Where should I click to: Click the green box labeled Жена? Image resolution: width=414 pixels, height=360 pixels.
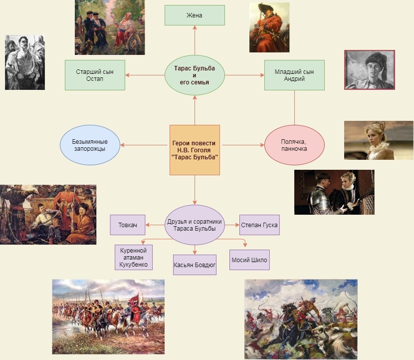tap(195, 15)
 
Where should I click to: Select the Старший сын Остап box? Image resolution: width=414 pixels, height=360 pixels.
tap(95, 75)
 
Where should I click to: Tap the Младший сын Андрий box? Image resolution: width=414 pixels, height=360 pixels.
tap(294, 75)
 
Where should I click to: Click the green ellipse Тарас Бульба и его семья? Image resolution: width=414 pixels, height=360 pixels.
tap(195, 75)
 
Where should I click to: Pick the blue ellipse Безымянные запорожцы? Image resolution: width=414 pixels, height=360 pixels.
tap(90, 145)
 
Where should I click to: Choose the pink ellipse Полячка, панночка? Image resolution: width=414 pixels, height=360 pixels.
tap(294, 145)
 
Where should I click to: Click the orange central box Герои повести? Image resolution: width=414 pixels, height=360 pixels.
tap(195, 150)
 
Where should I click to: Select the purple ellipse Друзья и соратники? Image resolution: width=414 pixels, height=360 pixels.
tap(195, 225)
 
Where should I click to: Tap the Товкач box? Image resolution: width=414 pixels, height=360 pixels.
tap(128, 225)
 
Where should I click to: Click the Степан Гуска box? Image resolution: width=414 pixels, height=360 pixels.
tap(259, 225)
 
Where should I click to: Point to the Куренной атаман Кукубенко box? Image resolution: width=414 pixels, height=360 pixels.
tap(134, 257)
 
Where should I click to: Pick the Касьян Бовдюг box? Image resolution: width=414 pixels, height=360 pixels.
tap(195, 265)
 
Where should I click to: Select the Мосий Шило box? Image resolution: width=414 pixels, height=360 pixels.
tap(249, 260)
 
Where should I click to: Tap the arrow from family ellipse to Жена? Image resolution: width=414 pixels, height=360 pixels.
tap(195, 40)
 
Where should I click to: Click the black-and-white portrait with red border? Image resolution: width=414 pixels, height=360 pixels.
tap(370, 69)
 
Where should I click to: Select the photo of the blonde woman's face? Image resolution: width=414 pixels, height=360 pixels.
tap(379, 140)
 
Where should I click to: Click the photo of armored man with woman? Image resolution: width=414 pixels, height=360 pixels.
tap(334, 192)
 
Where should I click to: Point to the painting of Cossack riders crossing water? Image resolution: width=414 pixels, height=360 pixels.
tap(108, 317)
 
